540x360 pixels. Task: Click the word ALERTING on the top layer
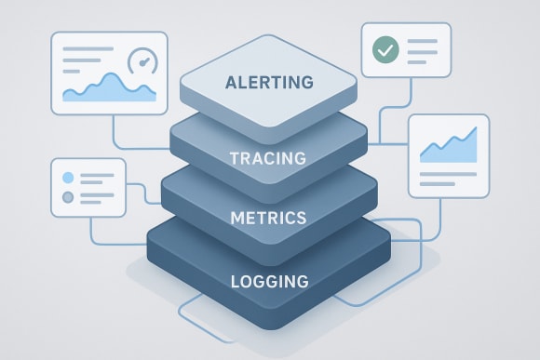coord(269,84)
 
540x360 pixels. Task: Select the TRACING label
coord(268,158)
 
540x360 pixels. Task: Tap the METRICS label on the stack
coord(268,219)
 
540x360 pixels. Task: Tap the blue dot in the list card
coord(67,177)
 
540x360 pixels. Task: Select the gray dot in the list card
coord(67,197)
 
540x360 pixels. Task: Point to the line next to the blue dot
coord(98,177)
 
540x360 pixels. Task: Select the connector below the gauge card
coord(114,130)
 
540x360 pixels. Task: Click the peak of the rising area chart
coord(475,129)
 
